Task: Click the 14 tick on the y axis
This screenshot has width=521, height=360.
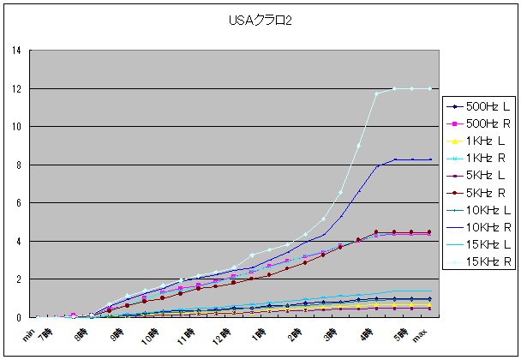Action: point(17,51)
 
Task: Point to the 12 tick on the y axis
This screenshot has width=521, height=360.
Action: point(17,88)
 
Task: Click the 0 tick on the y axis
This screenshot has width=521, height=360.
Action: point(20,317)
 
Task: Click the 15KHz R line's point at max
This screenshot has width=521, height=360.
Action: point(429,88)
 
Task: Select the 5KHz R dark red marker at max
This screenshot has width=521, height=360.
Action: point(429,231)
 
